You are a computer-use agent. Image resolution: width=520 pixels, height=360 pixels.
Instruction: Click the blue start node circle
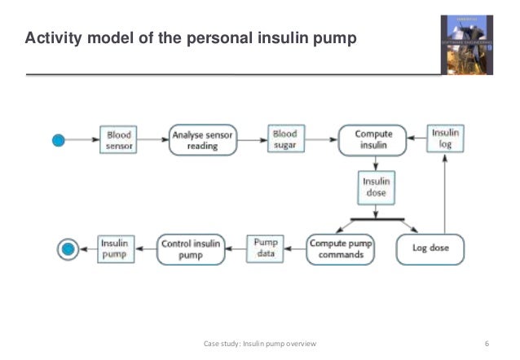tap(58, 140)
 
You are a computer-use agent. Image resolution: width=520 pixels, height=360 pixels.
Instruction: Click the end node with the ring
tap(68, 248)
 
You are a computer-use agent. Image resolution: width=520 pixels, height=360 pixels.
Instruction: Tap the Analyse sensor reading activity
tap(201, 140)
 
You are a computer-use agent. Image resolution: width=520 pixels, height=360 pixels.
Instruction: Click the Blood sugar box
tap(284, 140)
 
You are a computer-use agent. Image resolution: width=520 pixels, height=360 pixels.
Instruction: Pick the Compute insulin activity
tap(374, 140)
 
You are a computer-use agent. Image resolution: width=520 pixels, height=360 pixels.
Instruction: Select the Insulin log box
tap(445, 140)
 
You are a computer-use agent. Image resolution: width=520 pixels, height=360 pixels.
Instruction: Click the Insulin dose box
tap(375, 188)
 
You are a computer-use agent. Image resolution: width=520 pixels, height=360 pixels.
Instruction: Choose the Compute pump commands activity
tap(342, 248)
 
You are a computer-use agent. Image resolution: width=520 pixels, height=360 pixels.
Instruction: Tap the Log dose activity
tap(429, 248)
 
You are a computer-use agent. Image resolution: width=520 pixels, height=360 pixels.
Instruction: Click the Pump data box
tap(266, 248)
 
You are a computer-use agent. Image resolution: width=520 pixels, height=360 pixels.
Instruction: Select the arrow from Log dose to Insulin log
tap(445, 195)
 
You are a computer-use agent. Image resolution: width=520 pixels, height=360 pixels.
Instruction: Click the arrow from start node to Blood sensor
tap(82, 140)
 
